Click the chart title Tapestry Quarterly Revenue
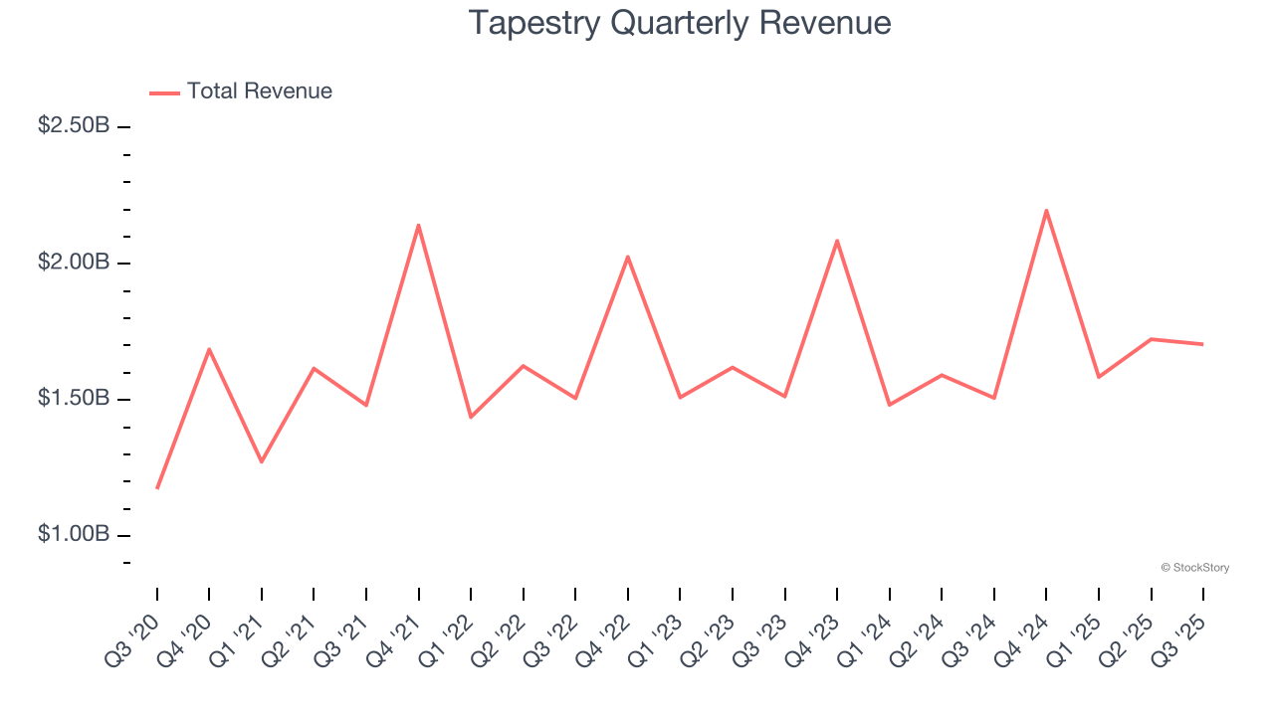coord(679,23)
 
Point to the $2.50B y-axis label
coord(74,126)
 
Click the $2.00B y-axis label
coord(74,263)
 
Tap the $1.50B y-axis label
coord(74,399)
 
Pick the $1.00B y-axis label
coord(74,535)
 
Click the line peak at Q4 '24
coord(1046,210)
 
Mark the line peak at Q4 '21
coord(418,225)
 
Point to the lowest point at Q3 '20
coord(157,488)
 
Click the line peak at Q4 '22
coord(628,257)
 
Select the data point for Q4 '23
coord(837,241)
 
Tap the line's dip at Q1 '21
coord(262,461)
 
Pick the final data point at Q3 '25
coord(1202,344)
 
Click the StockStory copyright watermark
coord(1194,568)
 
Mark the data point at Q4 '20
coord(209,349)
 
